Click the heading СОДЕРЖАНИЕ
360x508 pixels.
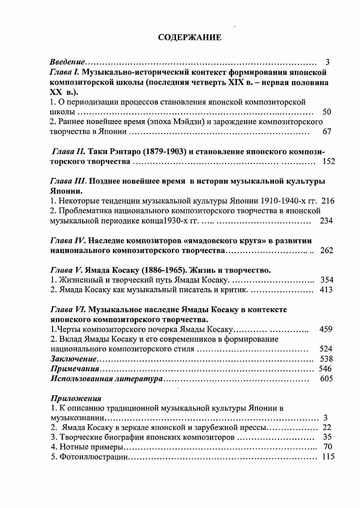click(x=190, y=38)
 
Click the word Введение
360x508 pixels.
click(x=67, y=62)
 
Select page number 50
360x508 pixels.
click(x=326, y=112)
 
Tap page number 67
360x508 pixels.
click(x=327, y=132)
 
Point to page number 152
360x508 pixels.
click(x=328, y=161)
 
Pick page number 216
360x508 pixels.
click(x=327, y=201)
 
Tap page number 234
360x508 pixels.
click(x=326, y=221)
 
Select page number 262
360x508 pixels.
click(x=326, y=251)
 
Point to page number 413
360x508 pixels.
click(x=326, y=290)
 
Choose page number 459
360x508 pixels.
click(x=326, y=329)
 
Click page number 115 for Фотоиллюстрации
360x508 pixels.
click(x=328, y=457)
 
